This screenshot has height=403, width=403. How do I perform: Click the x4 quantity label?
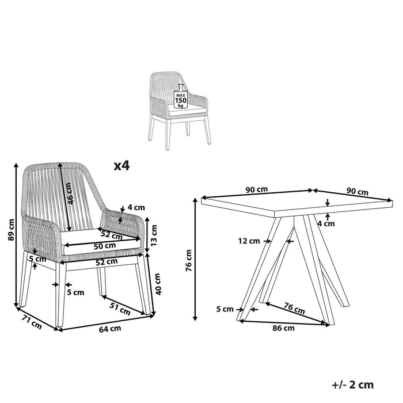pyautogui.click(x=122, y=166)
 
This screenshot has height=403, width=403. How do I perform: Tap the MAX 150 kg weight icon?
pyautogui.click(x=181, y=96)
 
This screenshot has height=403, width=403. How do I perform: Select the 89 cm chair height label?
pyautogui.click(x=11, y=230)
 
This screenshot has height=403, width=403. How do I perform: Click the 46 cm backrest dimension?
pyautogui.click(x=70, y=193)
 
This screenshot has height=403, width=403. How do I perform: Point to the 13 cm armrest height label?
pyautogui.click(x=154, y=235)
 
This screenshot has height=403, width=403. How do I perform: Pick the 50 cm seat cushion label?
pyautogui.click(x=105, y=246)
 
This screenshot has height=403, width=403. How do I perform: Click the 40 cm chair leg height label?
pyautogui.click(x=158, y=284)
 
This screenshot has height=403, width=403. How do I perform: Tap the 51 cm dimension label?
pyautogui.click(x=120, y=308)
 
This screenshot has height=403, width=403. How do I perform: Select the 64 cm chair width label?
pyautogui.click(x=110, y=329)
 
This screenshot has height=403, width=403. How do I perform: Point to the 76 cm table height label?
pyautogui.click(x=188, y=260)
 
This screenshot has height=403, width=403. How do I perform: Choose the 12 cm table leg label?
pyautogui.click(x=249, y=241)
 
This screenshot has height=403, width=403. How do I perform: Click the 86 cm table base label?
pyautogui.click(x=283, y=328)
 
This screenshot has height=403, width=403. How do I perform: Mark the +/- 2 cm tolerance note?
pyautogui.click(x=352, y=385)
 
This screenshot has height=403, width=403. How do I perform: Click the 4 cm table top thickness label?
pyautogui.click(x=326, y=223)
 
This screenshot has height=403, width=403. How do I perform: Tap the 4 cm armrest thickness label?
pyautogui.click(x=136, y=207)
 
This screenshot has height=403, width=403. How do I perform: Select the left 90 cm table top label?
pyautogui.click(x=257, y=189)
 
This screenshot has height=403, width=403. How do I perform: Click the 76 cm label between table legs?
pyautogui.click(x=294, y=309)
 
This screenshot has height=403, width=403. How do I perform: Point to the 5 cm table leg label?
pyautogui.click(x=225, y=309)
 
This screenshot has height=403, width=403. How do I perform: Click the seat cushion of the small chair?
pyautogui.click(x=187, y=111)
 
